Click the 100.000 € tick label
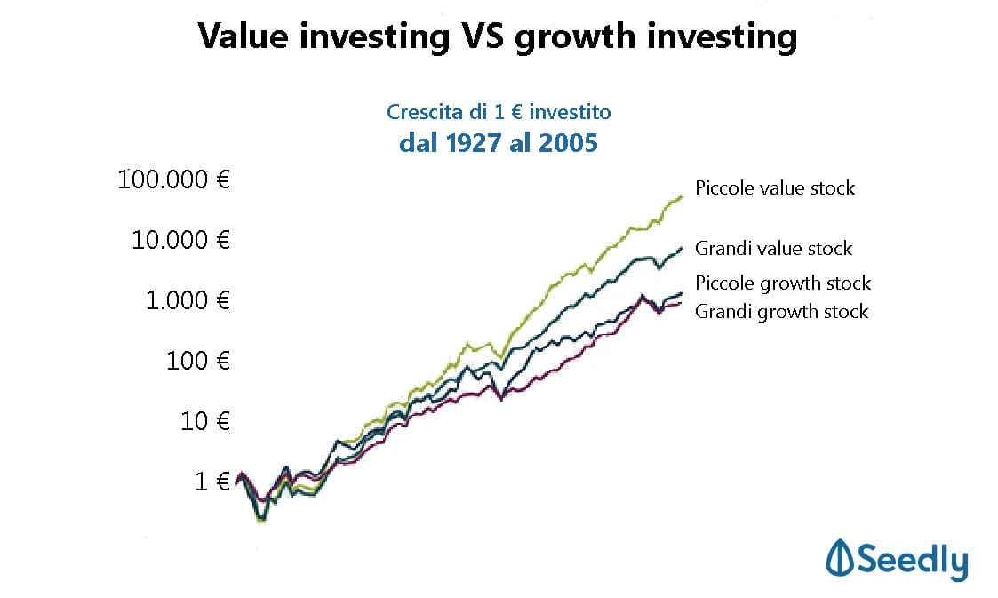click(174, 179)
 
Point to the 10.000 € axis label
click(180, 240)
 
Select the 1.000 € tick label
click(187, 300)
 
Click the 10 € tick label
click(205, 420)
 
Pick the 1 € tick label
click(212, 481)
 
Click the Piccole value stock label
click(775, 188)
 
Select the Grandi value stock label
click(773, 249)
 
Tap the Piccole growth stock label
click(783, 283)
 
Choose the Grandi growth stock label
click(781, 311)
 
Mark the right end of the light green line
click(682, 195)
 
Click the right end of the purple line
click(682, 304)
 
